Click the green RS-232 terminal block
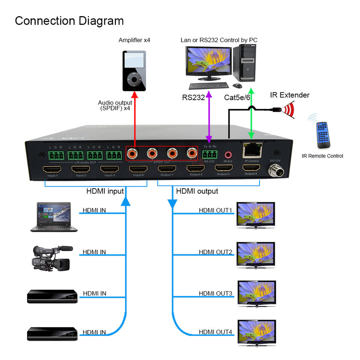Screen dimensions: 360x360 point(209,154)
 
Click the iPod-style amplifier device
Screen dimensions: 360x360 point(134,71)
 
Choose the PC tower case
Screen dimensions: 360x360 point(246,63)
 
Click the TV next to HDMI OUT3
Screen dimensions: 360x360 point(257,292)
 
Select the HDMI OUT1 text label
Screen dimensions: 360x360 point(216,210)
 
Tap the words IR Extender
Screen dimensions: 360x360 point(290,95)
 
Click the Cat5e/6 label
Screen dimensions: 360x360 point(237,97)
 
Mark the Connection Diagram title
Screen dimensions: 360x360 point(69,21)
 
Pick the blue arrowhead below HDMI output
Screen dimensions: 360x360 point(172,204)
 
